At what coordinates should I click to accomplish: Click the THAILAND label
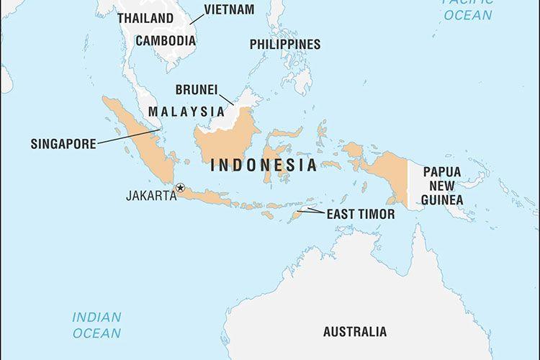(x=145, y=18)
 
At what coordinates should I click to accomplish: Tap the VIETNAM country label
(x=229, y=9)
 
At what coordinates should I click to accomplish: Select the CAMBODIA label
(x=165, y=40)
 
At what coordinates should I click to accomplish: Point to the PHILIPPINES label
(x=285, y=45)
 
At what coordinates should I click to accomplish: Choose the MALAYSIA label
(x=186, y=112)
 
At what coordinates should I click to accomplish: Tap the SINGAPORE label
(x=63, y=144)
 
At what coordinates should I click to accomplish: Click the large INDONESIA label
(x=264, y=166)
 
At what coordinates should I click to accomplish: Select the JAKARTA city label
(x=151, y=194)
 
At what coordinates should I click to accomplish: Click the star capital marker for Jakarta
(x=180, y=188)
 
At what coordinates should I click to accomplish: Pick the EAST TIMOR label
(x=361, y=214)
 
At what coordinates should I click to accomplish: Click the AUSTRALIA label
(x=354, y=332)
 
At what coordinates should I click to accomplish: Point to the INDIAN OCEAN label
(x=96, y=325)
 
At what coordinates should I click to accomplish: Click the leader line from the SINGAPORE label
(x=130, y=137)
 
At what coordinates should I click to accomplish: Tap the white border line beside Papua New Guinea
(x=408, y=184)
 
